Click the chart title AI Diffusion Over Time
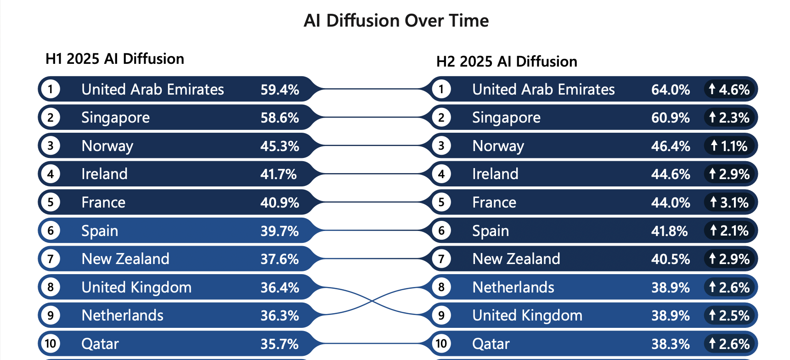(396, 21)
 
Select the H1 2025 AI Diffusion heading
(115, 59)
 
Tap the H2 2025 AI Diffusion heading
(507, 62)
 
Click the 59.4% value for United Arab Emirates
(280, 90)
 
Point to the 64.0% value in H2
(670, 90)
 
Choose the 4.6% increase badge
(729, 90)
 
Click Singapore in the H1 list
(115, 118)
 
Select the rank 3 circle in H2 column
(441, 146)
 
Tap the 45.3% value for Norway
(280, 146)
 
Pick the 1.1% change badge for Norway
(729, 146)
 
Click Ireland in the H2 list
(495, 174)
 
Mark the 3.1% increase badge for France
(729, 202)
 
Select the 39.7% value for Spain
(280, 231)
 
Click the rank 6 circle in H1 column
(51, 231)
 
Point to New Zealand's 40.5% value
(670, 259)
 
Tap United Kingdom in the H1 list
(136, 287)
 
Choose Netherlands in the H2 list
(513, 287)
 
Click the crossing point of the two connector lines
(372, 301)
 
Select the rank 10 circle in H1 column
(51, 343)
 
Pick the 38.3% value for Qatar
(670, 344)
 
